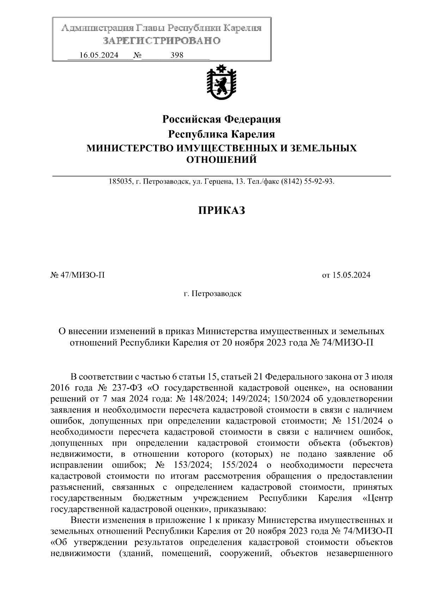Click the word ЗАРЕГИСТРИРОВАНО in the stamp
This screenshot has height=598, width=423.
point(162,41)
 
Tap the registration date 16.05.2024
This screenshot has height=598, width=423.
point(99,55)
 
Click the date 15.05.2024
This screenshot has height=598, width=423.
point(351,275)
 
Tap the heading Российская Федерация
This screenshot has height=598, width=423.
point(221,119)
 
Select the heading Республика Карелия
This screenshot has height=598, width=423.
point(221,134)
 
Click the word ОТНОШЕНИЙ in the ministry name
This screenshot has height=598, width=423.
point(221,160)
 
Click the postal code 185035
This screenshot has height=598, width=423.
point(119,182)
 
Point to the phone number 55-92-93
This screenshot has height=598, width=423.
point(319,182)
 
